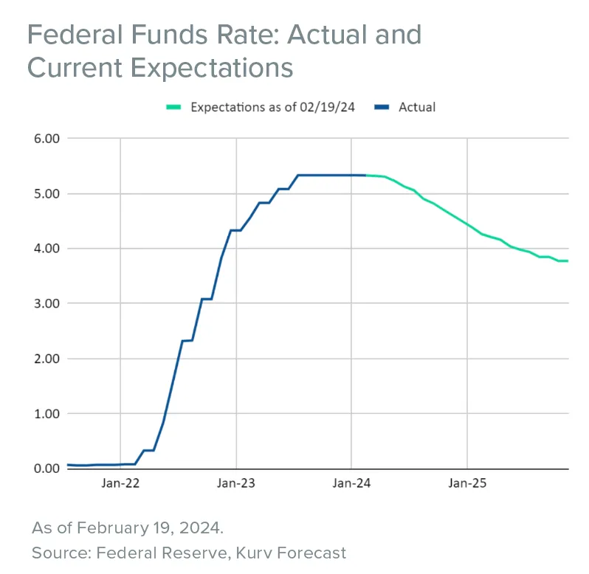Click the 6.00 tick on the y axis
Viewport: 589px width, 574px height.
click(x=45, y=139)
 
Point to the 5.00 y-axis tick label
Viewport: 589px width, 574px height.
click(x=45, y=194)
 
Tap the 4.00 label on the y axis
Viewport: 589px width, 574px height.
click(x=45, y=249)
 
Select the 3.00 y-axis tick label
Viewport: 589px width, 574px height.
click(x=45, y=303)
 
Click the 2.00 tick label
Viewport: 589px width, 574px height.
click(x=45, y=359)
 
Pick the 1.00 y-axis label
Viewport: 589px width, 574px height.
click(x=45, y=413)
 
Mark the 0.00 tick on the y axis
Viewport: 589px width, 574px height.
click(x=45, y=468)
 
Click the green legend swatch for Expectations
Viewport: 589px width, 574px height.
click(x=173, y=108)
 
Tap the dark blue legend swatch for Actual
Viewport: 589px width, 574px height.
click(x=382, y=108)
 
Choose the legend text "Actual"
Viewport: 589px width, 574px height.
click(x=417, y=107)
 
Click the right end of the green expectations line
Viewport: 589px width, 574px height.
click(x=568, y=260)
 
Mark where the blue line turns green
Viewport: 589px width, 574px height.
click(x=365, y=175)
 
